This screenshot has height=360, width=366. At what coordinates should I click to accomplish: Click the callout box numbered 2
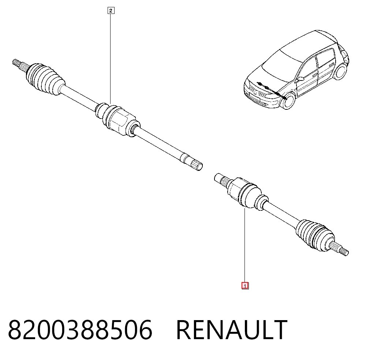pyautogui.click(x=111, y=11)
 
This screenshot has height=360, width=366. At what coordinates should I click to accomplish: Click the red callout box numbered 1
pyautogui.click(x=245, y=286)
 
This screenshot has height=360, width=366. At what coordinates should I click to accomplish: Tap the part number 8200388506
pyautogui.click(x=80, y=330)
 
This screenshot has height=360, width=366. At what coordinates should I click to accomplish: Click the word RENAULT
pyautogui.click(x=232, y=330)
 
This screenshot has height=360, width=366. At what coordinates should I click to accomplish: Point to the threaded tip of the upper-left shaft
pyautogui.click(x=16, y=63)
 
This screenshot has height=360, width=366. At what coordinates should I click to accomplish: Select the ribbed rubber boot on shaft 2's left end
pyautogui.click(x=45, y=78)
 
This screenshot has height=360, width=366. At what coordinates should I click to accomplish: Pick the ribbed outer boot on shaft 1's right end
pyautogui.click(x=315, y=235)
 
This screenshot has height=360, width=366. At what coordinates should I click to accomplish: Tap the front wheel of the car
pyautogui.click(x=288, y=101)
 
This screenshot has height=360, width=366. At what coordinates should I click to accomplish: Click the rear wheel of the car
pyautogui.click(x=341, y=71)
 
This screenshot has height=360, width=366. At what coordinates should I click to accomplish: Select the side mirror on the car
pyautogui.click(x=300, y=79)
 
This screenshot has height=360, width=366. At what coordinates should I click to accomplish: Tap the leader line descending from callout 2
pyautogui.click(x=111, y=59)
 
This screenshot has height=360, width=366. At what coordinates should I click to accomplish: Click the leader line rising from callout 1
pyautogui.click(x=244, y=245)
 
